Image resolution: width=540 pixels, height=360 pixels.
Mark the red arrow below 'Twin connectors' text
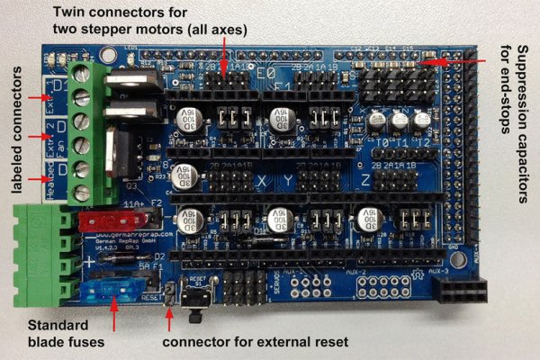click(x=223, y=56)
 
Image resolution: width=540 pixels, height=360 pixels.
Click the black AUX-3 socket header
click(x=460, y=291)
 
